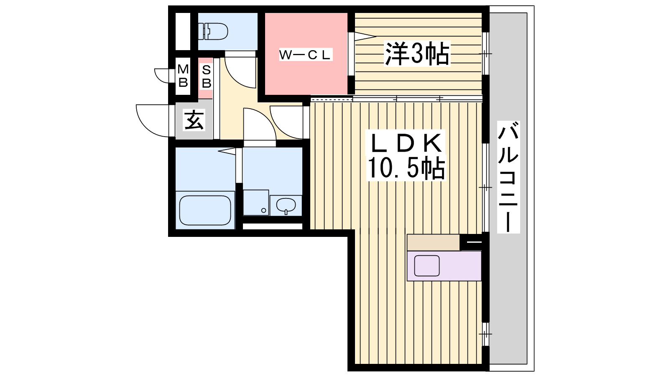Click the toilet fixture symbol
213,31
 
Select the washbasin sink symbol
286,205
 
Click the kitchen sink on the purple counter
426,266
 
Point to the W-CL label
305,55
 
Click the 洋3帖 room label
417,54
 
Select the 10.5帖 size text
406,168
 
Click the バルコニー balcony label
508,176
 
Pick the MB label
183,76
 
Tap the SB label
206,77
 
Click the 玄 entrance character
194,120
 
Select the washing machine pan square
256,203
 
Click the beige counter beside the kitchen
433,242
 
